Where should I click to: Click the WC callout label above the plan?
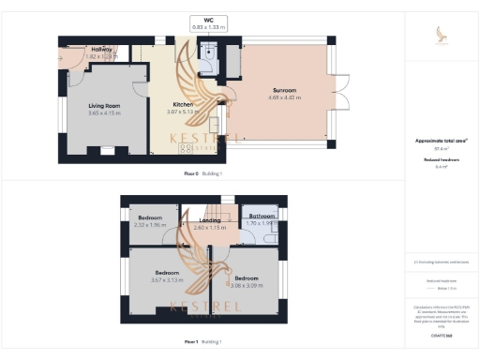[208, 20]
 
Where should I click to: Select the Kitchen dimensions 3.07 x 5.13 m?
[183, 112]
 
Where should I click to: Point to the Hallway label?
[102, 49]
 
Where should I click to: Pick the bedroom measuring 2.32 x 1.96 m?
[150, 225]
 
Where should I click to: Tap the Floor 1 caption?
[192, 341]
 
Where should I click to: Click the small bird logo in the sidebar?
[442, 35]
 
